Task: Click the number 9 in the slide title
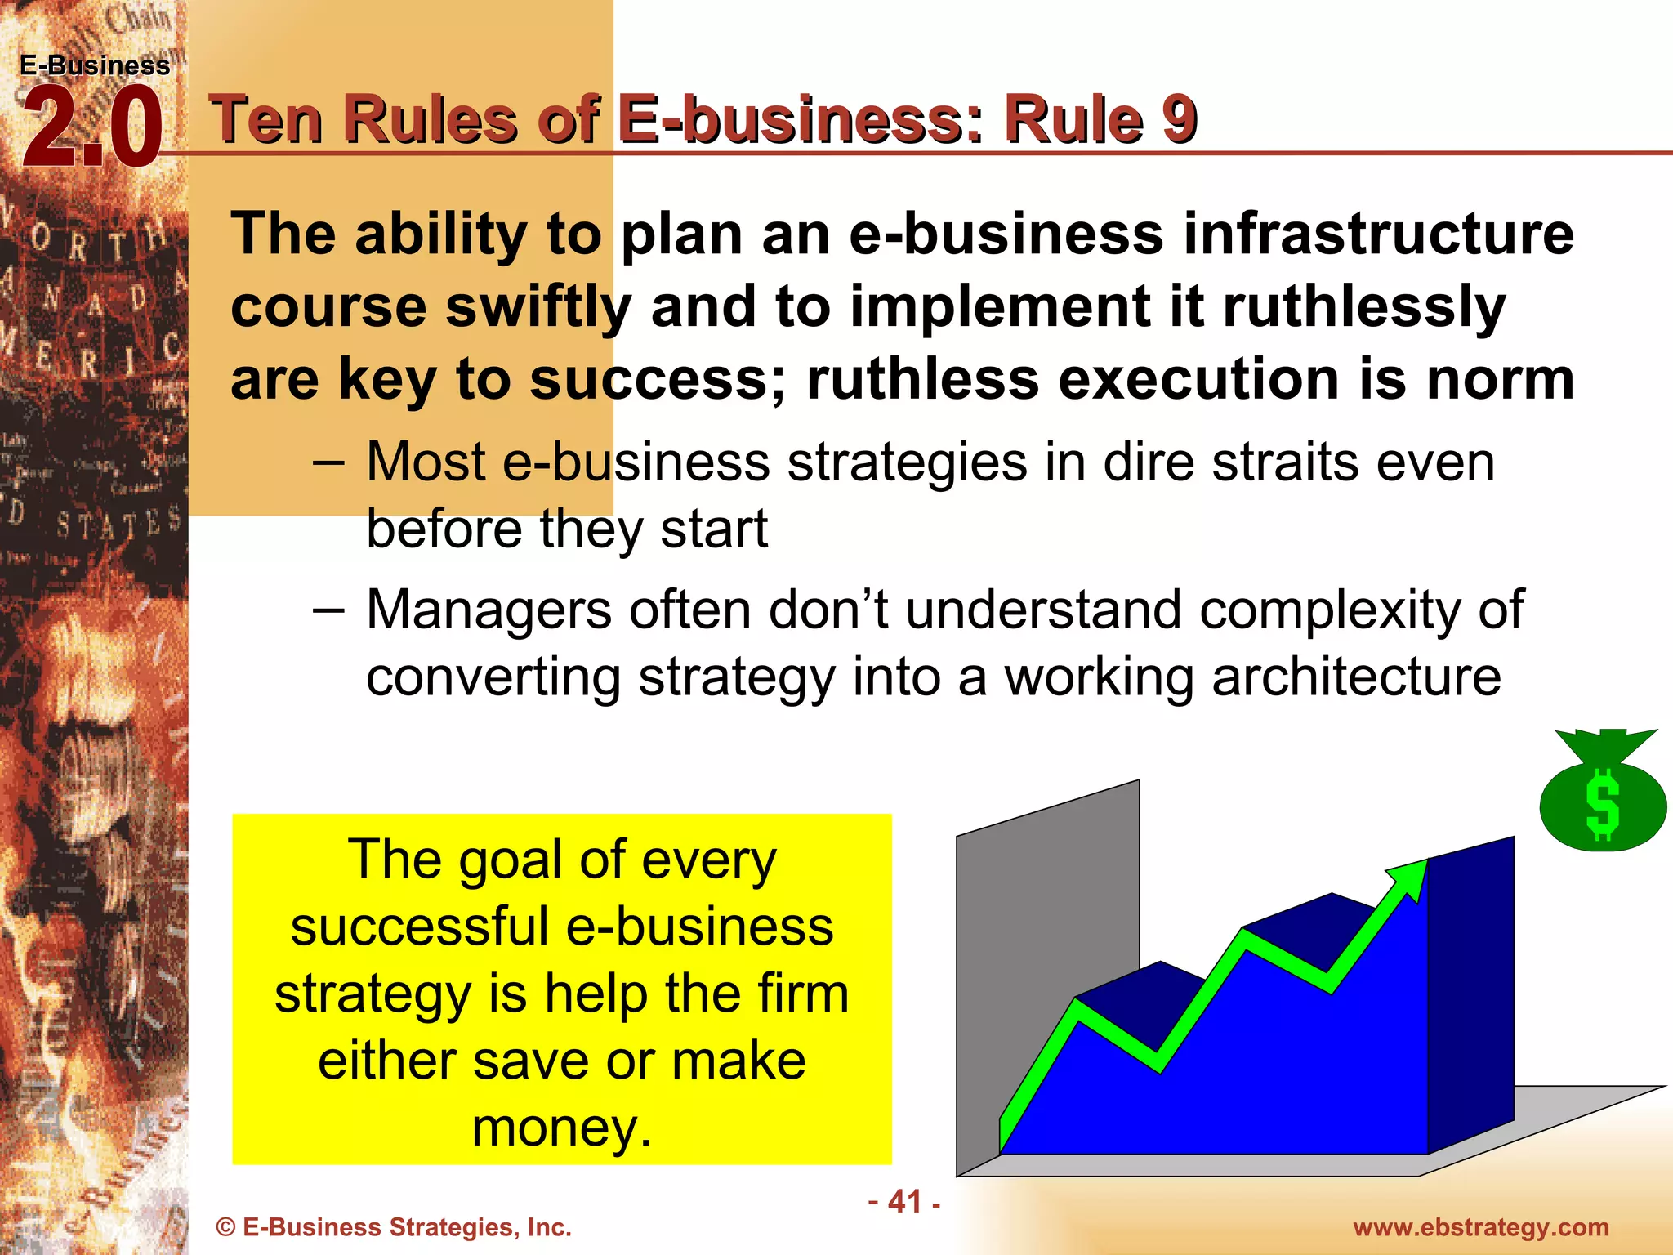(x=1179, y=119)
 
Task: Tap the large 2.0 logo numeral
(x=91, y=128)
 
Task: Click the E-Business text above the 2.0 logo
(x=95, y=65)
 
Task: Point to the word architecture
(x=1356, y=677)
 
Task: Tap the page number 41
(x=904, y=1202)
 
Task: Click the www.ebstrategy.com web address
(x=1481, y=1227)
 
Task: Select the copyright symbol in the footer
(x=225, y=1227)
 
